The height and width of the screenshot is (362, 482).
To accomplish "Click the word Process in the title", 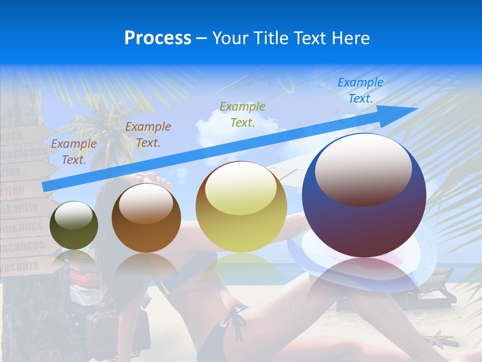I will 158,38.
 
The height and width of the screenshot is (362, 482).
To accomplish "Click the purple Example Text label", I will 74,151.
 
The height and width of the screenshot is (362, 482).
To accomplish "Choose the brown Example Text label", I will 148,134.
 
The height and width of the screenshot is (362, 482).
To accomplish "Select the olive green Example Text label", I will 243,114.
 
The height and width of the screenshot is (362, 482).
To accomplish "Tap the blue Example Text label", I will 360,90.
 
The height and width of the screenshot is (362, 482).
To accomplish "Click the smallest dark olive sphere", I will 74,225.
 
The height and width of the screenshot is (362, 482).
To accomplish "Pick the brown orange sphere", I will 146,218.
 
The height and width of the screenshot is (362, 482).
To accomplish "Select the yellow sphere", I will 242,207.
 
